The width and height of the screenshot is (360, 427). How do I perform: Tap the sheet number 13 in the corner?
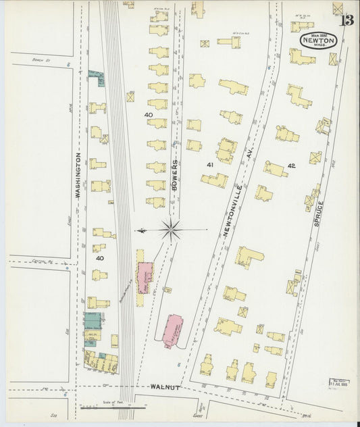click(346, 20)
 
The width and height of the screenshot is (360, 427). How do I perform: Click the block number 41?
click(210, 165)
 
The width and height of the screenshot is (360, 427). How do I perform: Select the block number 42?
click(291, 166)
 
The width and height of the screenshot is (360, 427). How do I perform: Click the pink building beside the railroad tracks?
click(145, 276)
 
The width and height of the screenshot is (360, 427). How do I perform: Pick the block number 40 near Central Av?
click(99, 257)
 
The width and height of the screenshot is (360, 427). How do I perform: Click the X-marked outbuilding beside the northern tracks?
click(130, 97)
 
